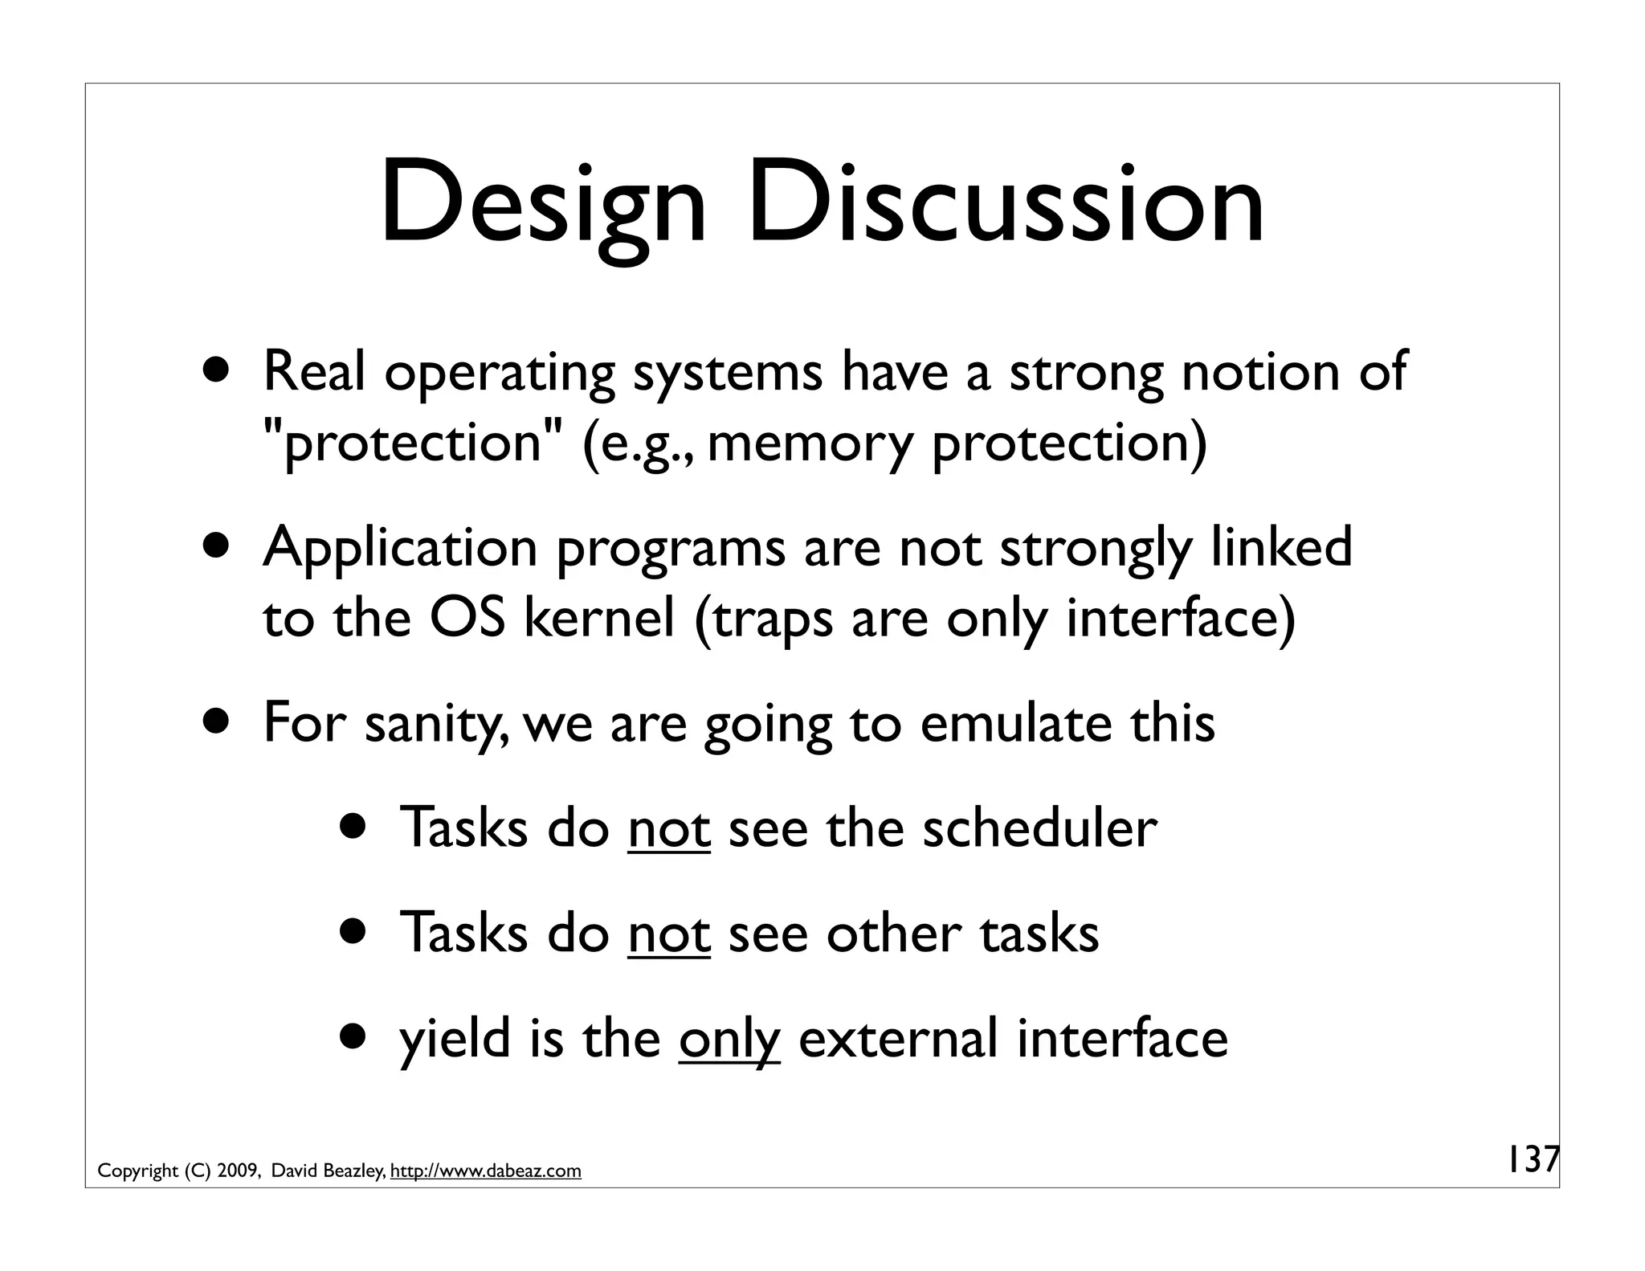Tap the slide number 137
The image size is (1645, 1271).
[x=1531, y=1160]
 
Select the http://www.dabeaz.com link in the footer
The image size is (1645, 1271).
[x=485, y=1171]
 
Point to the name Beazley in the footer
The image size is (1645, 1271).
[x=354, y=1171]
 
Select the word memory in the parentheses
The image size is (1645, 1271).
[x=811, y=443]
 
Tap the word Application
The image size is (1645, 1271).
[x=400, y=548]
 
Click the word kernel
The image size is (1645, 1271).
[x=599, y=619]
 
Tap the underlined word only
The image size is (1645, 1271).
[x=729, y=1040]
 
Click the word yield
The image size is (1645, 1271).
[x=455, y=1038]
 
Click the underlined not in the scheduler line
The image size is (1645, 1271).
[x=669, y=829]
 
